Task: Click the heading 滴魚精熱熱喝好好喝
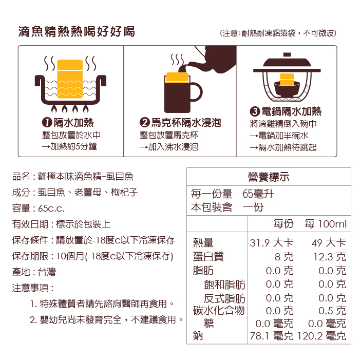click(x=77, y=32)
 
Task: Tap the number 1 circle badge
click(x=47, y=122)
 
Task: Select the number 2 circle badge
click(x=145, y=122)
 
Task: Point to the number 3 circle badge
click(x=255, y=111)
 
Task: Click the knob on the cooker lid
click(x=287, y=54)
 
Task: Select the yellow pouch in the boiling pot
click(x=70, y=79)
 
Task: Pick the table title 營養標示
click(x=269, y=177)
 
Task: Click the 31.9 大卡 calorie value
click(x=272, y=243)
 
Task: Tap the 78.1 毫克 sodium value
click(x=272, y=336)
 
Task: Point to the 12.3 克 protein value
click(x=330, y=257)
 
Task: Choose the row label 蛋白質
click(x=208, y=256)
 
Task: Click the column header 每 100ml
click(x=326, y=223)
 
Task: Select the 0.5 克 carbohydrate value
click(x=332, y=311)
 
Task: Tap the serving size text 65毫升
click(x=258, y=194)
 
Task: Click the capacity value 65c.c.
click(x=51, y=208)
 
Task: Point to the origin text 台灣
click(x=47, y=272)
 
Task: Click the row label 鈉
click(x=198, y=336)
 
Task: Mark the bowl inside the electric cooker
click(x=287, y=89)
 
